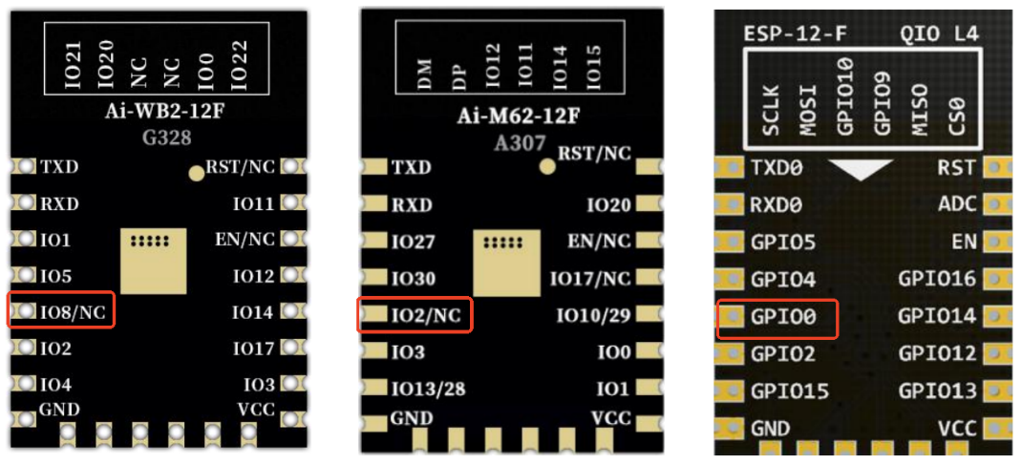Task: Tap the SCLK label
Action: [x=773, y=112]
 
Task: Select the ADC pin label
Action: [x=958, y=204]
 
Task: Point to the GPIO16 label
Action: [x=938, y=279]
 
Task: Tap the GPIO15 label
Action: [x=789, y=391]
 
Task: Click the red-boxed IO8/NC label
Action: [x=73, y=311]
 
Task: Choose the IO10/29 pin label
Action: [x=593, y=315]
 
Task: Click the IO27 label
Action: [x=413, y=243]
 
